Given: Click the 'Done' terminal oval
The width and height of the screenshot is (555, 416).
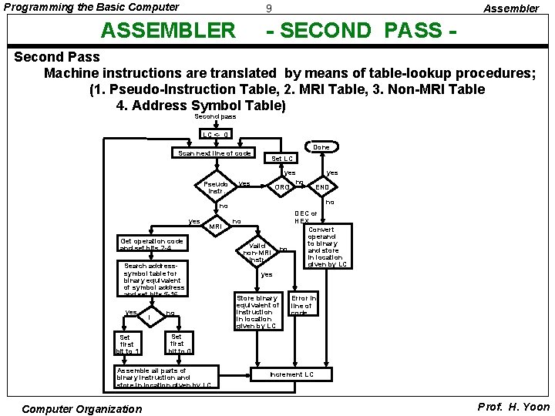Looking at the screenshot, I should coord(321,146).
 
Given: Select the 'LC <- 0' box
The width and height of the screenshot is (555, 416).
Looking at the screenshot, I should coord(215,135).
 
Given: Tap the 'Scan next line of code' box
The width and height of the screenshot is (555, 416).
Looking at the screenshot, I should coord(215,153).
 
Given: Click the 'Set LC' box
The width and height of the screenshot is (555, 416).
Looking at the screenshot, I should coord(283,159).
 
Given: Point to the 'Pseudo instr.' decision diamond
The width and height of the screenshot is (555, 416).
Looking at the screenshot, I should coord(215,187).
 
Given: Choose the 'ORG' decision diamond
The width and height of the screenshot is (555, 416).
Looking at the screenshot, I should coord(284,186).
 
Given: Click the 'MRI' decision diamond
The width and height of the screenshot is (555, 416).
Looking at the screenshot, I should coord(215,226).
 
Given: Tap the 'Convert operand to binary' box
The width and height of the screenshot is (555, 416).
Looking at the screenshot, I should coord(327,247).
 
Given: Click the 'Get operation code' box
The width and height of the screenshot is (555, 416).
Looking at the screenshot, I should coord(152,244).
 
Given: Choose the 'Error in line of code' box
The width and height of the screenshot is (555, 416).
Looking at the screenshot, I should coord(301,305).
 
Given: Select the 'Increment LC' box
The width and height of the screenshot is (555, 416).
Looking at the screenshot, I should coord(291,374).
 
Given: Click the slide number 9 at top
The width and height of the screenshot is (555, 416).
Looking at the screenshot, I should coord(267,9).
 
